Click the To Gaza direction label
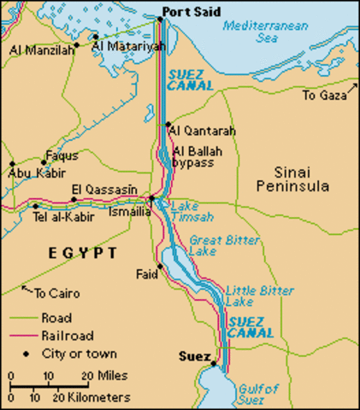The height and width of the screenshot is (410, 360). tap(322, 97)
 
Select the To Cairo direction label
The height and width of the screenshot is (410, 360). tap(56, 294)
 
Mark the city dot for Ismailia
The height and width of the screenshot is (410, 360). tap(151, 199)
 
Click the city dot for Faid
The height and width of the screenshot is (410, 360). tap(157, 265)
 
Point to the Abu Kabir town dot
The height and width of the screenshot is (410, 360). tap(11, 163)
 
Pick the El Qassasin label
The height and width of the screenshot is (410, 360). tap(101, 189)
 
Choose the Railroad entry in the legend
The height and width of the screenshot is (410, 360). tap(68, 336)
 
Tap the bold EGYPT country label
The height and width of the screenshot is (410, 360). tap(70, 254)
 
